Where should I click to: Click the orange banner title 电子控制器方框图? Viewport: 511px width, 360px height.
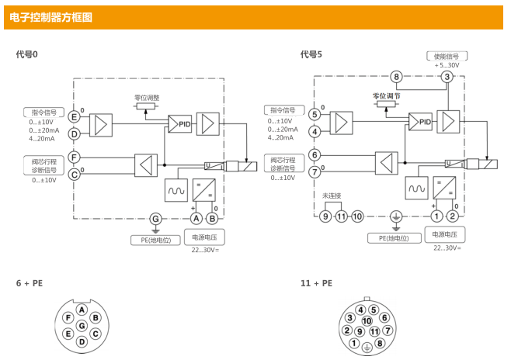coord(50,17)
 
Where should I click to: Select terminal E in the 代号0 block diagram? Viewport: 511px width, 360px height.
coord(74,117)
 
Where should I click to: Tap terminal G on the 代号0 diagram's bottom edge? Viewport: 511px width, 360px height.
coord(155,219)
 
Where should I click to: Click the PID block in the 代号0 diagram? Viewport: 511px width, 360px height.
coord(179,123)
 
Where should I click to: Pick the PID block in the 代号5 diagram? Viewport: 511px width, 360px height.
coord(420,122)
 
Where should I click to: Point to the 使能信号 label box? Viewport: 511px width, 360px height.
coord(447,57)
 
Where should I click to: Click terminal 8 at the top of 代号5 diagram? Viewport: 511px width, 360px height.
coord(396,77)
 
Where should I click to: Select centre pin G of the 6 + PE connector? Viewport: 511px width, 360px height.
coord(82,326)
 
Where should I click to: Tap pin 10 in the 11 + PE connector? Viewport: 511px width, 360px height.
coord(367,321)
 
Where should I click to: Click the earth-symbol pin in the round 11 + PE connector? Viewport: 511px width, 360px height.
coord(367,348)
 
